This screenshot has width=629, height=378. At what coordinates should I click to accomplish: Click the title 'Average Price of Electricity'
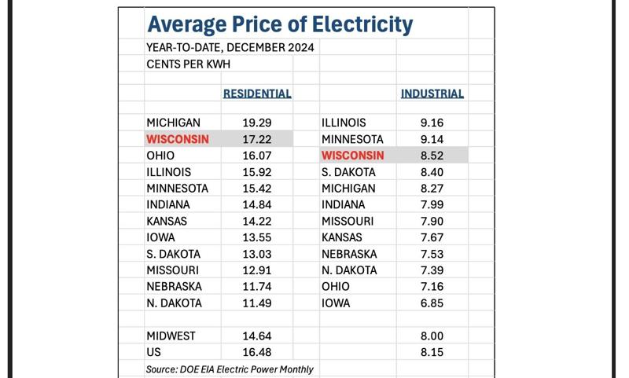point(280,24)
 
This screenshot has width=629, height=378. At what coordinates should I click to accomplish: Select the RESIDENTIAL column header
point(257,94)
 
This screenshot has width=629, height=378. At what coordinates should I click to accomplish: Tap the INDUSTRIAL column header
point(432,94)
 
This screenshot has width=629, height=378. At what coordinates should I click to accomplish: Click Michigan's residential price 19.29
point(257,123)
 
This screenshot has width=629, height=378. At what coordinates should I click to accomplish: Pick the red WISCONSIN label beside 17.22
point(178,139)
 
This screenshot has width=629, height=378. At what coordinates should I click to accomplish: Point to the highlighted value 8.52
point(432,156)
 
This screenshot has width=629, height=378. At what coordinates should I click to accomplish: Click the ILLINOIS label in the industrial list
point(344,123)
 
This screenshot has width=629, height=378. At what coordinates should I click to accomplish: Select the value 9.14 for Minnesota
point(432,139)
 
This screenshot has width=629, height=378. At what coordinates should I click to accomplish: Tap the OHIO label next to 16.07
point(160,156)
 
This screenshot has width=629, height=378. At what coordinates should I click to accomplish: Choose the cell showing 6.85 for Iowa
point(432,303)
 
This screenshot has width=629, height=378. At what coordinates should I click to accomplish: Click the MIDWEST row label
point(171,336)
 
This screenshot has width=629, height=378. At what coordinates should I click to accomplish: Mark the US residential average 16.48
point(257,352)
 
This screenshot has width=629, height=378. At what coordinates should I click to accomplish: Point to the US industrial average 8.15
point(432,352)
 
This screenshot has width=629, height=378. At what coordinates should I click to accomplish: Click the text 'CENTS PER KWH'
point(188,64)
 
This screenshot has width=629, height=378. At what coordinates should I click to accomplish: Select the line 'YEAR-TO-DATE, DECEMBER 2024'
point(230,47)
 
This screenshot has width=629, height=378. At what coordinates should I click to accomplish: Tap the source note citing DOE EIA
point(230,369)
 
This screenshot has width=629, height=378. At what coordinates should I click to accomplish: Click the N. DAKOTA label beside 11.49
point(174,303)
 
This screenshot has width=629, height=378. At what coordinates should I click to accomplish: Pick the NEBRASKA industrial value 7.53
point(432,254)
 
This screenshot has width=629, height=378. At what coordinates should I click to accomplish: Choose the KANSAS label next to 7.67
point(342,237)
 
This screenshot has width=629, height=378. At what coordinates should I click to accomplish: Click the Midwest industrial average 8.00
point(432,336)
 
